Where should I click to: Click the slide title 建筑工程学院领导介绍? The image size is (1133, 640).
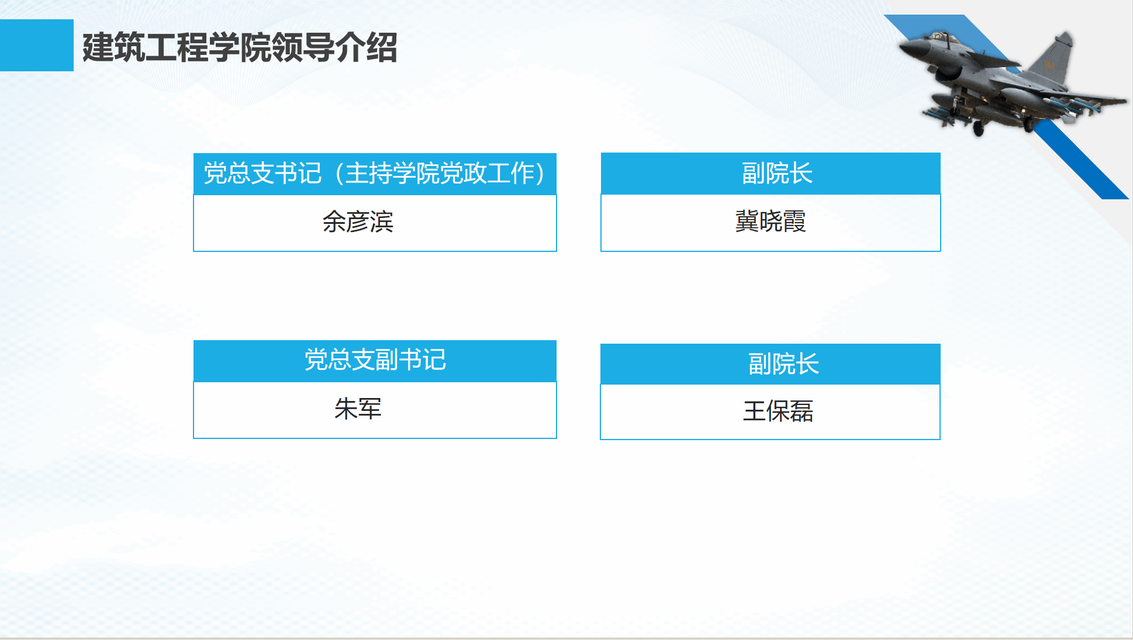pos(240,47)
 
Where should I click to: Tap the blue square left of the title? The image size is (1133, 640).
pos(37,45)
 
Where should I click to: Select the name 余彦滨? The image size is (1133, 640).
pos(358,222)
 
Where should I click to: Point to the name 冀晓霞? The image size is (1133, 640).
pos(771,222)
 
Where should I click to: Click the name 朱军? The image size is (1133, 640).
pos(358,409)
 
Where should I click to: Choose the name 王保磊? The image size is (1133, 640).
pos(778,411)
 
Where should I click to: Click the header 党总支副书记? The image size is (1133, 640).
pos(375,359)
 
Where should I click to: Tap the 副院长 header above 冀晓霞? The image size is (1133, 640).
pos(777,173)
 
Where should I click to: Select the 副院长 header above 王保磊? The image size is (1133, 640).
pos(783,364)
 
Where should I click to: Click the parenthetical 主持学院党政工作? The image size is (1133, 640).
pos(440,173)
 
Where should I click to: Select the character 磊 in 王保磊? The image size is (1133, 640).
pos(802,411)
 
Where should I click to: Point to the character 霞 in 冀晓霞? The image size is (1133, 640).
pos(795,222)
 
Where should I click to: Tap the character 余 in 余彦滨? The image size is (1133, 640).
pos(334,222)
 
